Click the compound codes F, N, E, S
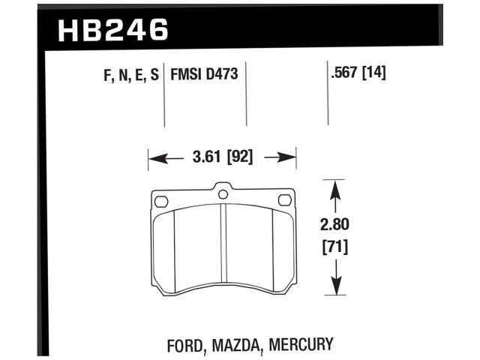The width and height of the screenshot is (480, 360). [x=127, y=76]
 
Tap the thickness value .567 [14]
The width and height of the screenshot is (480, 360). [x=357, y=73]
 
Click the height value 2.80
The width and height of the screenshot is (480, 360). [x=335, y=223]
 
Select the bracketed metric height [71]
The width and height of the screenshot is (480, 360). [x=335, y=246]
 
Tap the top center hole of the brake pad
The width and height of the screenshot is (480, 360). [x=223, y=194]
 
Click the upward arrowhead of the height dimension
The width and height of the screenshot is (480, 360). [x=334, y=190]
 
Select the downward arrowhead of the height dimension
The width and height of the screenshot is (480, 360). [x=334, y=285]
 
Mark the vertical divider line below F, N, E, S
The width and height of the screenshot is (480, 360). [x=164, y=105]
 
